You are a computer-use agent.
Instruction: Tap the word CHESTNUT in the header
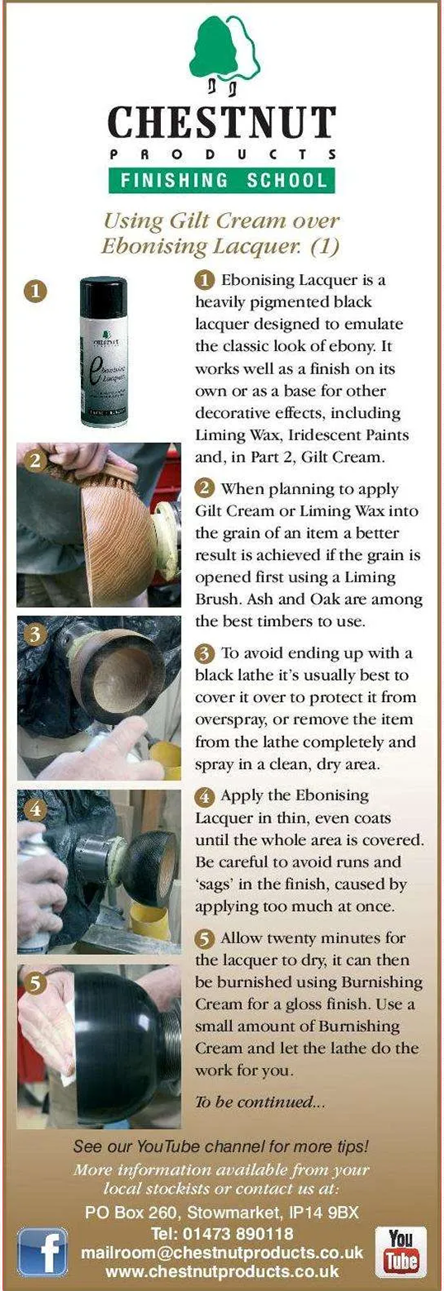222,122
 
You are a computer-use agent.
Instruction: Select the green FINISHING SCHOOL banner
222,180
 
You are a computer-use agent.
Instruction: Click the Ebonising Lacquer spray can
104,352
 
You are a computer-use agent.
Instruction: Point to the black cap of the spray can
104,296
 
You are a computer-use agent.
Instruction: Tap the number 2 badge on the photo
35,461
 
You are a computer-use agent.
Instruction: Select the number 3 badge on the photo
35,634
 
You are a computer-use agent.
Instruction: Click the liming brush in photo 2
92,468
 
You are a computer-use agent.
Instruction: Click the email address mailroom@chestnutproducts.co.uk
222,1252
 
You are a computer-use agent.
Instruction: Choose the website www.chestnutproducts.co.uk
222,1271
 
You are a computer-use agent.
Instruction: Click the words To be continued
260,1102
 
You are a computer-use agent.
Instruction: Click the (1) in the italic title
325,246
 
